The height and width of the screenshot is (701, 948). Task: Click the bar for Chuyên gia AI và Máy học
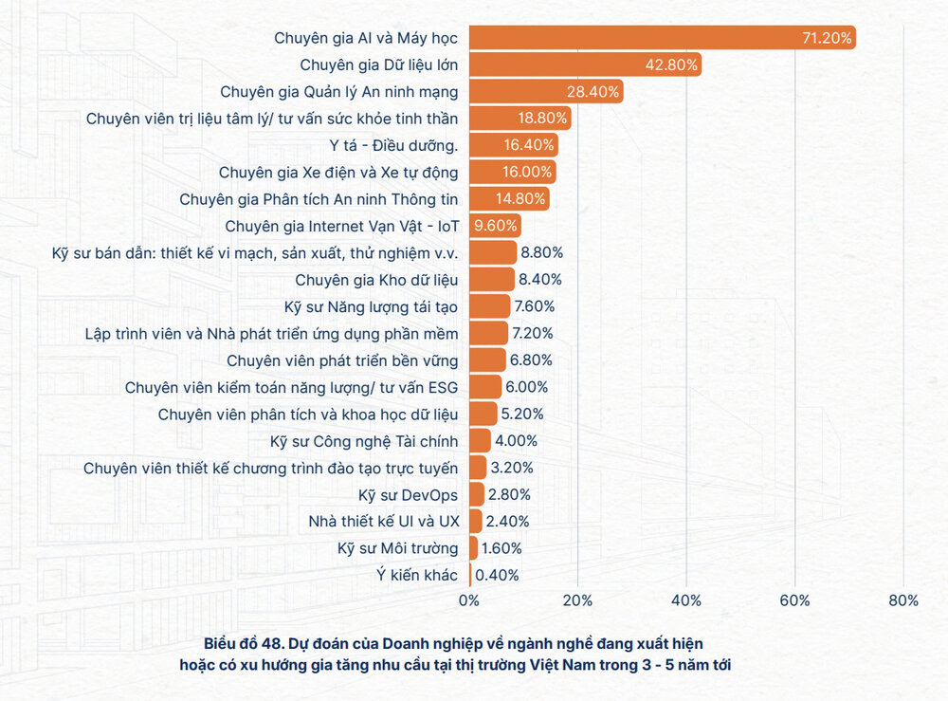(662, 38)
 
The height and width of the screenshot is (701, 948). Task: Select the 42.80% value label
(674, 65)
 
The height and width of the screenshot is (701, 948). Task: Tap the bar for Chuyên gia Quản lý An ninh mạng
(546, 92)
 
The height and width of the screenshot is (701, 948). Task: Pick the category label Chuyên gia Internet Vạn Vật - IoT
(341, 226)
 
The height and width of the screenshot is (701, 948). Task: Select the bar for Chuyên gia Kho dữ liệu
(492, 279)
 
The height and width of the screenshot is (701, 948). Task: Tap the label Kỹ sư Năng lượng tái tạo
(371, 306)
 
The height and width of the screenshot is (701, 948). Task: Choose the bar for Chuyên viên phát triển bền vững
(487, 360)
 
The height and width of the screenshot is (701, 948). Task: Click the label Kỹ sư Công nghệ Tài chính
(364, 440)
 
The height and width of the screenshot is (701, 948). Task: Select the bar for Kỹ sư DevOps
(477, 494)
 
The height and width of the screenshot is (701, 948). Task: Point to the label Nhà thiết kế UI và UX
(383, 521)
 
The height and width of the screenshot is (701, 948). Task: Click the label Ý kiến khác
(416, 575)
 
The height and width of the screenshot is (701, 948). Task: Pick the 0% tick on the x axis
(469, 600)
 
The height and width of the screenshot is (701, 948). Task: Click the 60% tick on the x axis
(794, 600)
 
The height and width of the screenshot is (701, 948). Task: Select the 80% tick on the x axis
(903, 600)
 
